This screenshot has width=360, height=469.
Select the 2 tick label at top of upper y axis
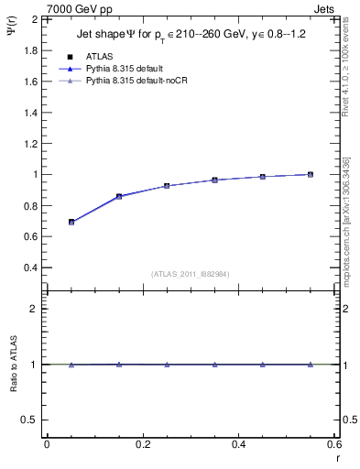(x=35, y=19)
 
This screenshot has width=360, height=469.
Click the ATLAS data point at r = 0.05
(x=71, y=222)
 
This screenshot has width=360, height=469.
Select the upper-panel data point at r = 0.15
(x=119, y=196)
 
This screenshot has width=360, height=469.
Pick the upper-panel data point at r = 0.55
(x=311, y=174)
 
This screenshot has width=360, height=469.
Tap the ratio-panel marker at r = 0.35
(x=214, y=365)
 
